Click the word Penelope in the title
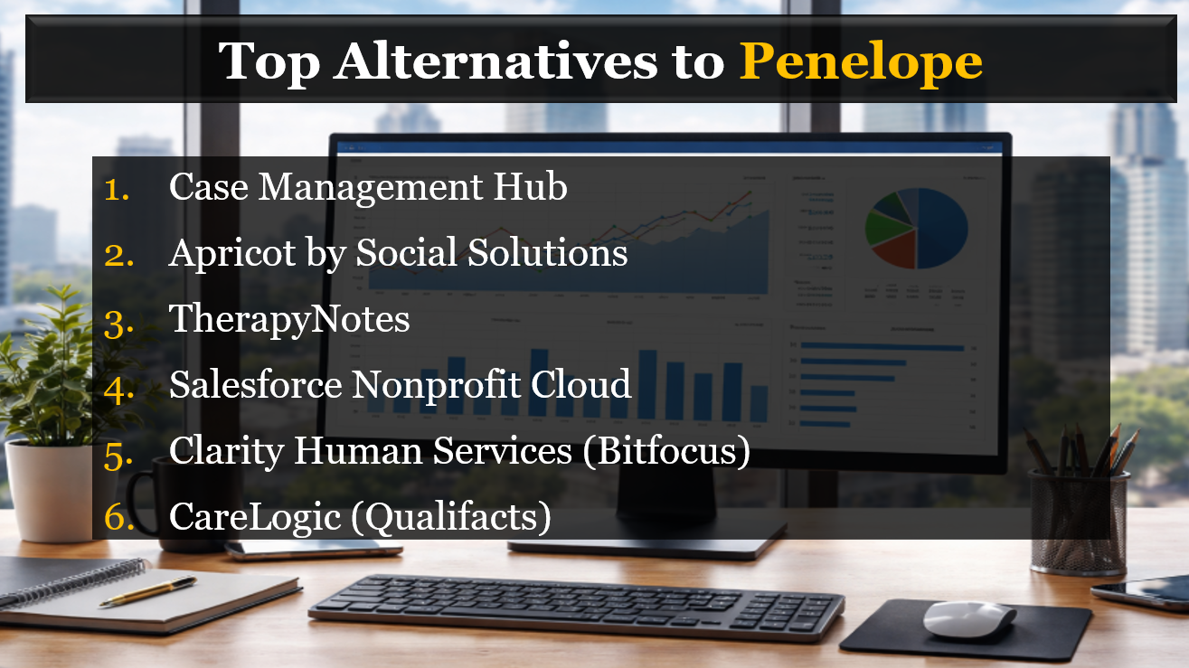[860, 61]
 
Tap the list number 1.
[118, 188]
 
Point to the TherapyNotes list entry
[289, 320]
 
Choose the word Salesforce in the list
[256, 385]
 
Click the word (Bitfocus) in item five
[666, 451]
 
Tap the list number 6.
[118, 517]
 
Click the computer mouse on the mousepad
[968, 619]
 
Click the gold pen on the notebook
[148, 591]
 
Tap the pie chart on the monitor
[916, 229]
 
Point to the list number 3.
[118, 320]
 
